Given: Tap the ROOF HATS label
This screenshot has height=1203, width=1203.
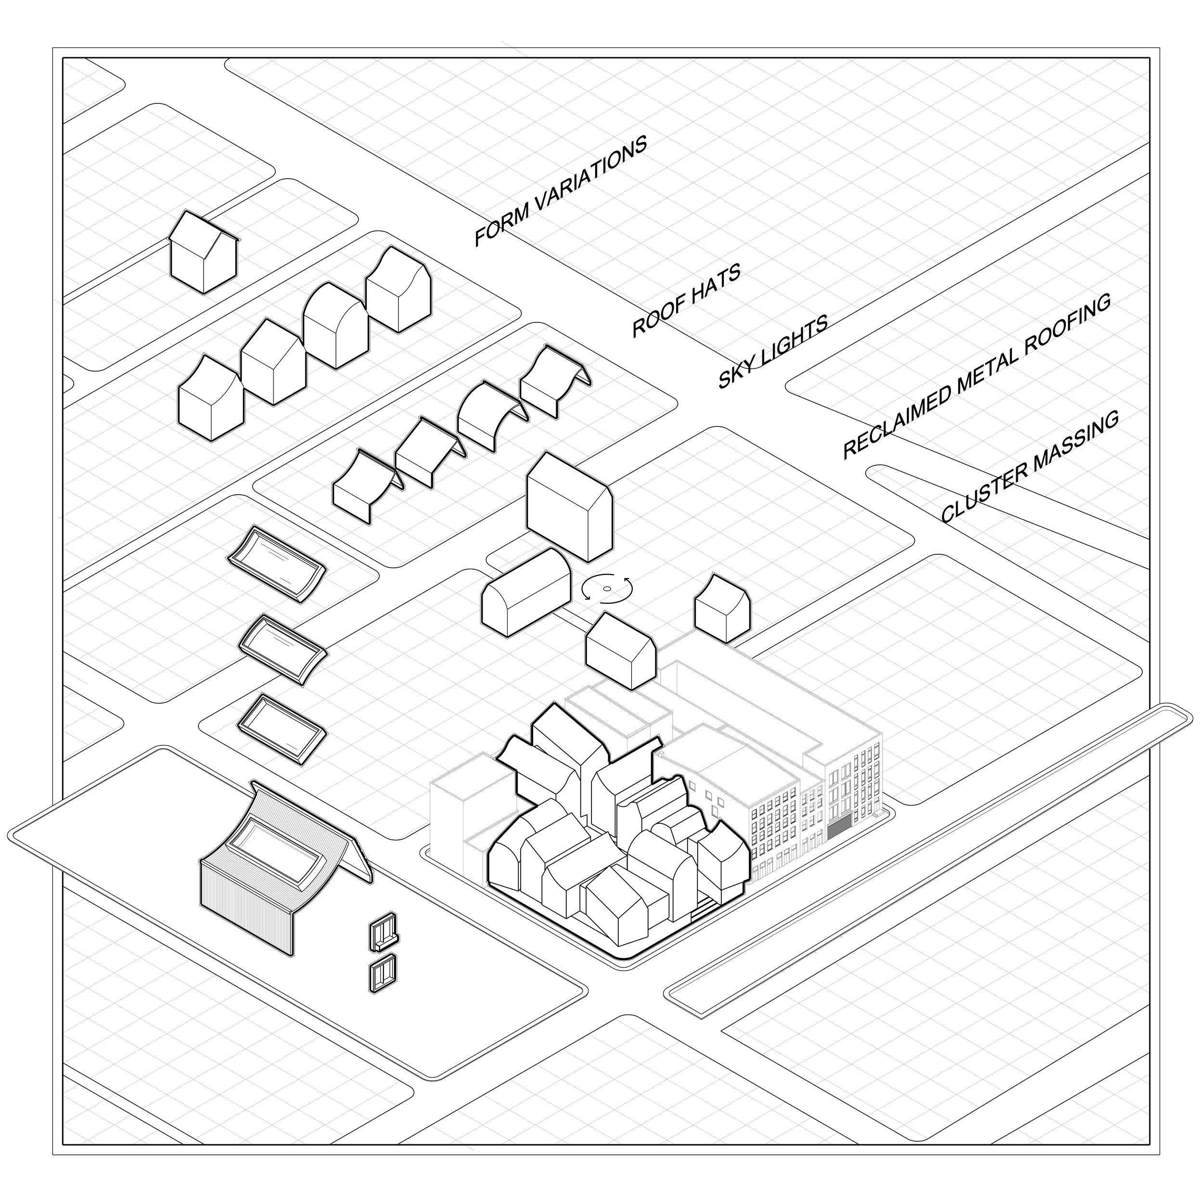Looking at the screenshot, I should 686,300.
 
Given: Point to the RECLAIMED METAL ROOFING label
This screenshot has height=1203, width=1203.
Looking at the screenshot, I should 976,376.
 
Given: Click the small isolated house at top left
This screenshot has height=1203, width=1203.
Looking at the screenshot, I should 203,252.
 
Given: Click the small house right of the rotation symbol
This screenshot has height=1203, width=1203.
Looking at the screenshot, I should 722,607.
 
